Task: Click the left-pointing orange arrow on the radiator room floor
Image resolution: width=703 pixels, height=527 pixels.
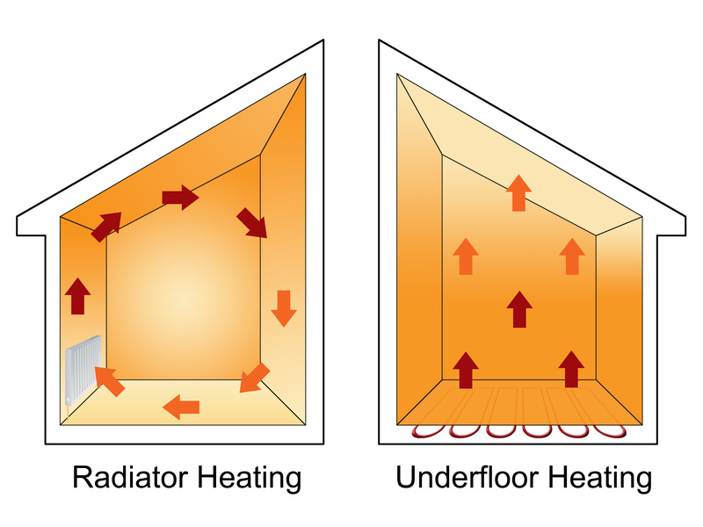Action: (182, 406)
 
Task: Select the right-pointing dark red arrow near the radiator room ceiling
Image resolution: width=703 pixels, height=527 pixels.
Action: (180, 198)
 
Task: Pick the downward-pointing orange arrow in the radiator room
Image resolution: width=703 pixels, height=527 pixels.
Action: (282, 307)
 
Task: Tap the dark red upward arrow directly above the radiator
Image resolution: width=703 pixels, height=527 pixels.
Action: (78, 296)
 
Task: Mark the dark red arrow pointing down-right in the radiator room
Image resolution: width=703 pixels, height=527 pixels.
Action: (251, 224)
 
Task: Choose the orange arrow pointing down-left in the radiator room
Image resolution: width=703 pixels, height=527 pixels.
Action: (255, 377)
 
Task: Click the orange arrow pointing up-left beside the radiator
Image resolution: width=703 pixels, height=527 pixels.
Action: (109, 380)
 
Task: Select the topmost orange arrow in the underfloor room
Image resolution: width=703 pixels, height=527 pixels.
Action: (519, 193)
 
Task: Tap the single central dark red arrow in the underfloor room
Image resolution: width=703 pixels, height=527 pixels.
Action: (520, 310)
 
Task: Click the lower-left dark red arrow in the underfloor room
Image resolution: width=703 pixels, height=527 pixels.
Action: (466, 369)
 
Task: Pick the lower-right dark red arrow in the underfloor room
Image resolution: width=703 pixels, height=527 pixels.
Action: (572, 369)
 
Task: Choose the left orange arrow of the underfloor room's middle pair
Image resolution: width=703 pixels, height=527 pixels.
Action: (466, 256)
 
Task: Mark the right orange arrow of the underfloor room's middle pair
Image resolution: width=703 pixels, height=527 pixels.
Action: (572, 256)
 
